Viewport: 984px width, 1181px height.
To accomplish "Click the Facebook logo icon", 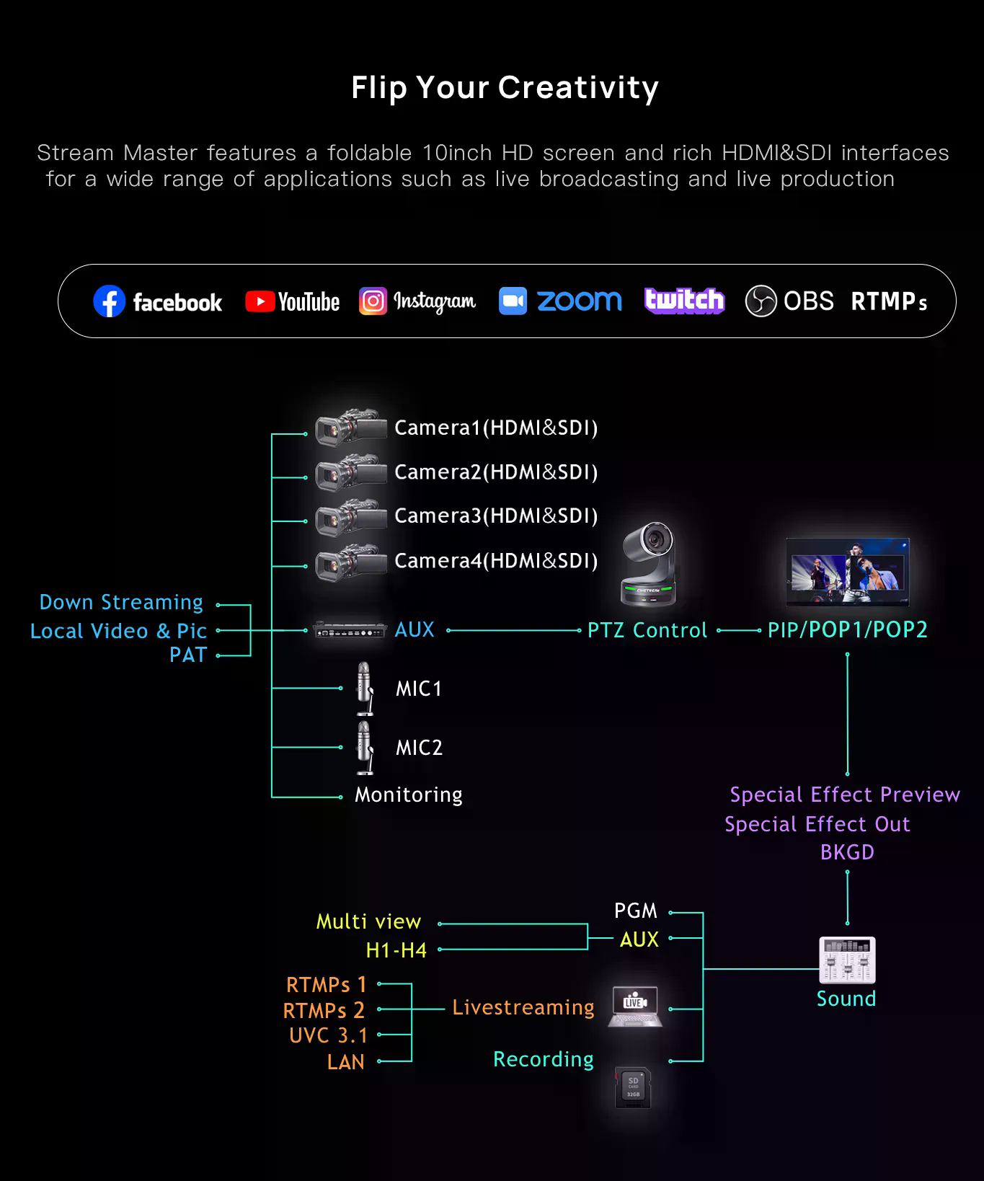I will pos(109,301).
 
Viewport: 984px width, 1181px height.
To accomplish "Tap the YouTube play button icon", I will pos(260,301).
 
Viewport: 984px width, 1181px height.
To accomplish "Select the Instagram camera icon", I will pos(373,301).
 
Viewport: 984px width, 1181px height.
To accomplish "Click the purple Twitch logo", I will pos(684,301).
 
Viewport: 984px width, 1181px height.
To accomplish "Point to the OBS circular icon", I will pos(761,301).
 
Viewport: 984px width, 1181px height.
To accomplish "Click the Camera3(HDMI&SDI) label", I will pos(496,516).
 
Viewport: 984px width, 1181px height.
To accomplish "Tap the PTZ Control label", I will pos(647,630).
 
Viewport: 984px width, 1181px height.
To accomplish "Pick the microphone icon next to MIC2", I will pos(365,747).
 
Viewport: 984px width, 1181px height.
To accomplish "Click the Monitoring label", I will pos(408,795).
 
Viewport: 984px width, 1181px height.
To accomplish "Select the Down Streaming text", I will pos(121,602).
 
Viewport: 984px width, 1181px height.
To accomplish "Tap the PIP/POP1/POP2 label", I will pos(847,630).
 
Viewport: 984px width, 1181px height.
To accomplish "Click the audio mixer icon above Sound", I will pos(847,960).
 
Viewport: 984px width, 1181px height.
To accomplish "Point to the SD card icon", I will pos(633,1088).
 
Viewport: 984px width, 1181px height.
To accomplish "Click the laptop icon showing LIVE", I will pos(635,1006).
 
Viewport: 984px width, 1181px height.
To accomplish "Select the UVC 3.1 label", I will pos(328,1035).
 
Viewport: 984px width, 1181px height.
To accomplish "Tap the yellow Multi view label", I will pos(368,921).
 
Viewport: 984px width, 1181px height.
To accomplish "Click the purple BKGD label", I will pos(847,852).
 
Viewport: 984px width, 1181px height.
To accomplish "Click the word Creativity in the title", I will pos(578,88).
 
